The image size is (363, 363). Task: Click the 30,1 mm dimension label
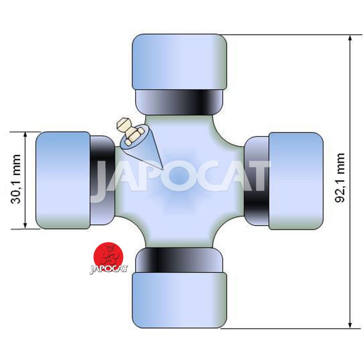click(16, 179)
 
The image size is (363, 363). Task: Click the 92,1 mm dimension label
click(340, 177)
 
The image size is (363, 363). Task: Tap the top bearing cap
click(179, 62)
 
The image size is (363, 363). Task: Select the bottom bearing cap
click(179, 300)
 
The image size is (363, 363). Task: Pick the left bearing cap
click(63, 181)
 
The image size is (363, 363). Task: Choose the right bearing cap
click(296, 181)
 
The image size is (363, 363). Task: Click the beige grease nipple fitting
click(129, 131)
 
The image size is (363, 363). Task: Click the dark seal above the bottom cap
click(179, 260)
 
